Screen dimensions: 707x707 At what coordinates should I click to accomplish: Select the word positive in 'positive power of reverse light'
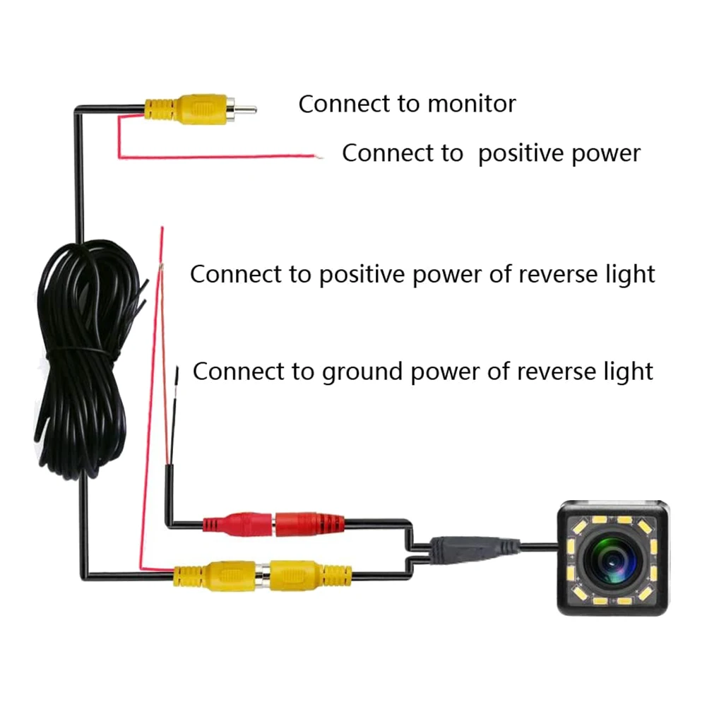coord(361,274)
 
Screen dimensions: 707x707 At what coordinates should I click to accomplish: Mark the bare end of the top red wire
coord(319,157)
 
